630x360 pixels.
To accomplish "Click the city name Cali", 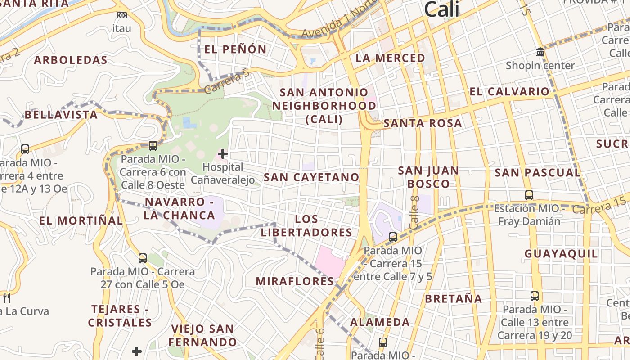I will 441,9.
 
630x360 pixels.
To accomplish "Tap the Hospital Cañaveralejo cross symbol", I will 222,154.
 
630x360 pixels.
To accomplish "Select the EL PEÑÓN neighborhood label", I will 235,49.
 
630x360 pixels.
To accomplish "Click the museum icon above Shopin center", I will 540,52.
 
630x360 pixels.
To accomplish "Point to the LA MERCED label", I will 390,58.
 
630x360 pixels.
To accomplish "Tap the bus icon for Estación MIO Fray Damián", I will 529,195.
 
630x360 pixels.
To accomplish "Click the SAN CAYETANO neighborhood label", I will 311,177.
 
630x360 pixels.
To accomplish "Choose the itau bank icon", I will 121,15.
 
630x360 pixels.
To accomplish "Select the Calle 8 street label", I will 414,212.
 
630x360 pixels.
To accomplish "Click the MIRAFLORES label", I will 295,281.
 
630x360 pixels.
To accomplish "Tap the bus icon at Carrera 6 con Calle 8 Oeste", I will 153,146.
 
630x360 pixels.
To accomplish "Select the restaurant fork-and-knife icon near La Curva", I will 6,297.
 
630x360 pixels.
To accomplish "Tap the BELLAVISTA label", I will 61,115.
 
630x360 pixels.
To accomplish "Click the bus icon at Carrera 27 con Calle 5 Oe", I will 143,258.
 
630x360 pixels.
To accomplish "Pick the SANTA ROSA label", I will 423,123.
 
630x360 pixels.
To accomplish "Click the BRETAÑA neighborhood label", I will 453,299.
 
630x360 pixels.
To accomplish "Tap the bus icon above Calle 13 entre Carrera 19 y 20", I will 535,296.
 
